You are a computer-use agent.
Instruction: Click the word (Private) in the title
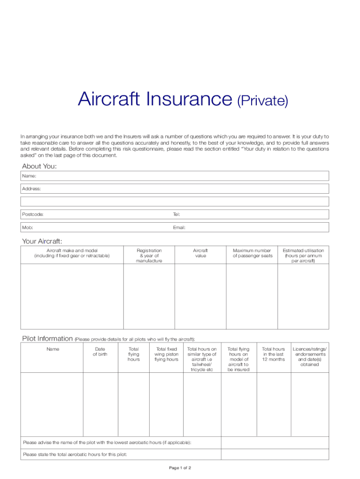click(262, 101)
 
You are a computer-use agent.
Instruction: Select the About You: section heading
click(39, 167)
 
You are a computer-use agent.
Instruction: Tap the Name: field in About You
click(175, 176)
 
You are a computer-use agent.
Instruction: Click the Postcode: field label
click(33, 214)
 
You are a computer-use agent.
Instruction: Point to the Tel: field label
click(176, 214)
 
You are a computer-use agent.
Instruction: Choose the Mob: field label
click(28, 227)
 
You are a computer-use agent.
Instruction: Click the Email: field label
click(179, 227)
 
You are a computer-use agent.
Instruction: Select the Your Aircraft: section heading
click(42, 241)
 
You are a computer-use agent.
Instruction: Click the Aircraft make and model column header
click(72, 253)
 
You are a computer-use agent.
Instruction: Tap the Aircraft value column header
click(200, 253)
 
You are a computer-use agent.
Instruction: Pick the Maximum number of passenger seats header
click(252, 253)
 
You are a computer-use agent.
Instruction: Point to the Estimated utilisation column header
click(303, 255)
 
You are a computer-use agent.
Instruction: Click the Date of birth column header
click(100, 352)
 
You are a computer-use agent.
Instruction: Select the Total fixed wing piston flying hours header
click(166, 354)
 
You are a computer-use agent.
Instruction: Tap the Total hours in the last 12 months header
click(274, 354)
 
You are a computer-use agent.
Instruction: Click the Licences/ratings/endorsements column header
click(310, 356)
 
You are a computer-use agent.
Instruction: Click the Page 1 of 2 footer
click(180, 468)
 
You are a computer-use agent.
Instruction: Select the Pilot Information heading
click(47, 339)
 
